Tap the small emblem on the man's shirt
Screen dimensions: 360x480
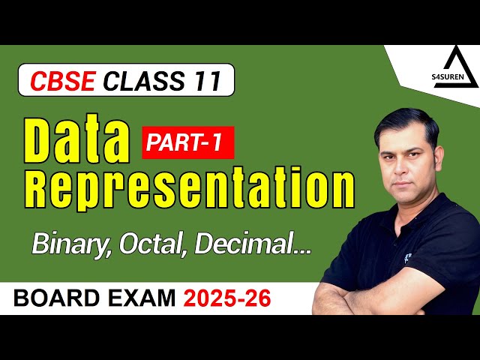[x=408, y=257]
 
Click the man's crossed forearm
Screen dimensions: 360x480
[x=360, y=296]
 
